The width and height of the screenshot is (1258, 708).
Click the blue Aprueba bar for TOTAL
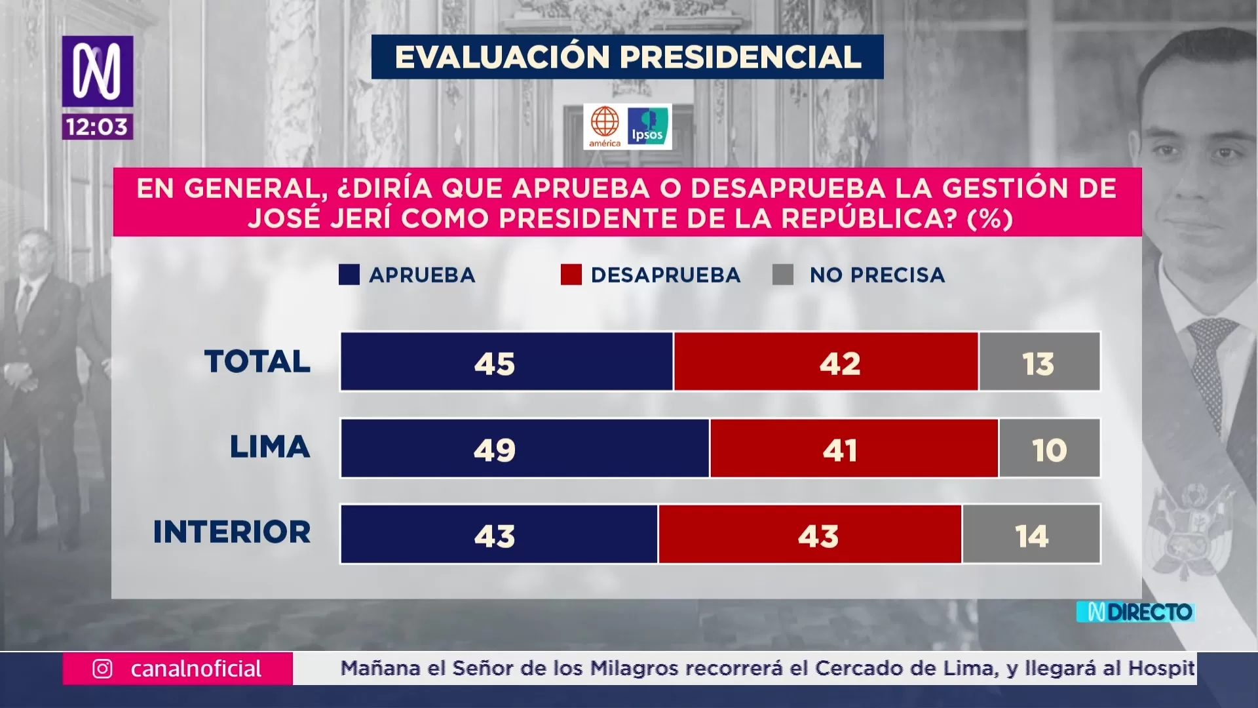click(506, 362)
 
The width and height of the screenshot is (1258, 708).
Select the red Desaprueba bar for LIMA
click(854, 448)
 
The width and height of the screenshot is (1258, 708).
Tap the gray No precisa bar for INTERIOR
click(1031, 534)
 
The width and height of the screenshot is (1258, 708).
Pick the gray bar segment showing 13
click(1039, 362)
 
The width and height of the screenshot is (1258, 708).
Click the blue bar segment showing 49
click(525, 448)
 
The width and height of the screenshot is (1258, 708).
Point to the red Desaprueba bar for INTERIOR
click(810, 534)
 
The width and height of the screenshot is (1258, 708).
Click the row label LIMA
click(269, 448)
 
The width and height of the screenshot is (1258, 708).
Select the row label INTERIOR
click(232, 532)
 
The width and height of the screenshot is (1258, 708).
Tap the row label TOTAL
click(257, 361)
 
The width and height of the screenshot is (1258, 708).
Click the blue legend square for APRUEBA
click(349, 275)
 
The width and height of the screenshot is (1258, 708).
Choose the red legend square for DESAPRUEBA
click(571, 275)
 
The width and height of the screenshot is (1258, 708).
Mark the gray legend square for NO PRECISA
click(783, 275)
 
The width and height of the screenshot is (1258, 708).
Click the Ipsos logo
click(648, 126)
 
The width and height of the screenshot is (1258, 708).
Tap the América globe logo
click(605, 127)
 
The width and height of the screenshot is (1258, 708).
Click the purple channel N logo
click(98, 71)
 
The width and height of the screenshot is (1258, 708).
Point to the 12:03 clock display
click(98, 127)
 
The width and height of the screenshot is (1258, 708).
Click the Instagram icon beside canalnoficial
click(102, 669)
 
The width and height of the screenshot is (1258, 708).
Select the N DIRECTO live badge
click(1135, 612)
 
